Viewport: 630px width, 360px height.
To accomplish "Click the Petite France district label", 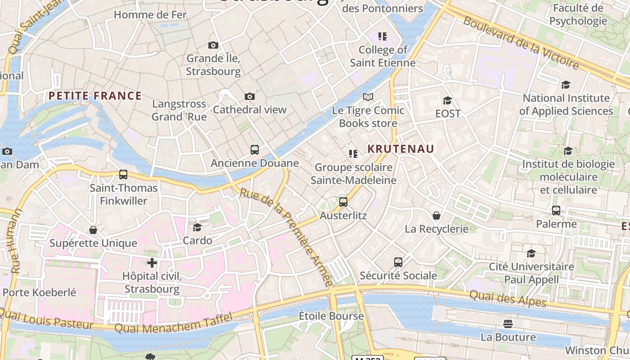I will (95, 96).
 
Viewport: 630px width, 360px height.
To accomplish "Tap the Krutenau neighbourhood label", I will (400, 149).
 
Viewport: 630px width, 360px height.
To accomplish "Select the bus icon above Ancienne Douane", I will (255, 150).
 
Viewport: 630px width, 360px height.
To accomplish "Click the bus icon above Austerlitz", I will (343, 202).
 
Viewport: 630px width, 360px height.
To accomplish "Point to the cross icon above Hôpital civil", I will (152, 262).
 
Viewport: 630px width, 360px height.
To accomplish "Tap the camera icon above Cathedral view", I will (250, 97).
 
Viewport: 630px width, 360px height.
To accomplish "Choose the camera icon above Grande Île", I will (213, 45).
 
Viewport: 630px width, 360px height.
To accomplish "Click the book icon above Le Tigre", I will (368, 97).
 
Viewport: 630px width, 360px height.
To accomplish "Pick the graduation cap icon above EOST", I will (447, 100).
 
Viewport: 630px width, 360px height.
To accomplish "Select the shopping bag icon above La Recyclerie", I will (436, 216).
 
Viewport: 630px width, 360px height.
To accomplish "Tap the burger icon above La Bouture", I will (508, 324).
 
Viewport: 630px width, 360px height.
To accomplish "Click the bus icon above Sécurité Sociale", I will (398, 262).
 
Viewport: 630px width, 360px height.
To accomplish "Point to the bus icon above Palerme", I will (556, 211).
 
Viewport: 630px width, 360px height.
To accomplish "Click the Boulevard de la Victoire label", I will (521, 43).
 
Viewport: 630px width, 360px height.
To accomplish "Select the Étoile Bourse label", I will (331, 316).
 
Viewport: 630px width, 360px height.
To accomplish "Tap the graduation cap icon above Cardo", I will (197, 227).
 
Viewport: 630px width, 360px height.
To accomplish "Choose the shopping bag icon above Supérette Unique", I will (93, 230).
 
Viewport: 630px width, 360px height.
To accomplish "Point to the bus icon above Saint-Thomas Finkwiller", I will (123, 175).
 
